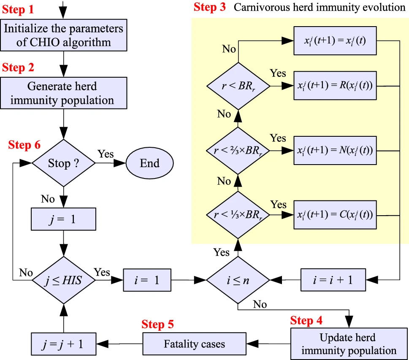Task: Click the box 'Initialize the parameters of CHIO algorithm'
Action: click(x=64, y=35)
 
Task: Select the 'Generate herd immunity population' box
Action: click(x=63, y=93)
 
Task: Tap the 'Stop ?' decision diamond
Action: click(x=64, y=163)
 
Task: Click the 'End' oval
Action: click(x=149, y=163)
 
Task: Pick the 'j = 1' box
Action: click(x=64, y=219)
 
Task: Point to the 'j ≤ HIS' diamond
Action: click(x=64, y=280)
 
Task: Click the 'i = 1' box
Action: click(x=147, y=280)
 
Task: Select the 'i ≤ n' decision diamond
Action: click(x=238, y=280)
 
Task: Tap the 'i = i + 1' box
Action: click(x=333, y=280)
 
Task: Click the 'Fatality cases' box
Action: click(x=194, y=344)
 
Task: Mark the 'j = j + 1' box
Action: click(x=64, y=344)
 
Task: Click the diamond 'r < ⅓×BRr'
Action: click(x=238, y=214)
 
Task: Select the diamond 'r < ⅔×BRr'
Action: click(x=238, y=150)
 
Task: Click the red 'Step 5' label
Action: click(x=157, y=325)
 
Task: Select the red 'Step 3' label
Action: click(x=210, y=7)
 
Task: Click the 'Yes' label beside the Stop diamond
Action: click(x=106, y=154)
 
